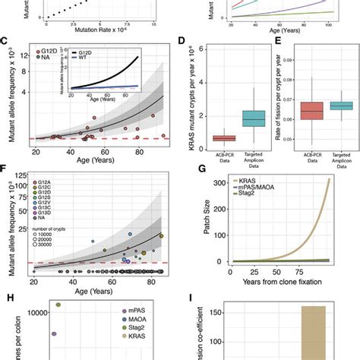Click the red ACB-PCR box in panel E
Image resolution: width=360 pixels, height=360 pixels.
tap(311, 111)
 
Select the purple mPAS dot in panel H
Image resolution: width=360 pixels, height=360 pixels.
tap(53, 333)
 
